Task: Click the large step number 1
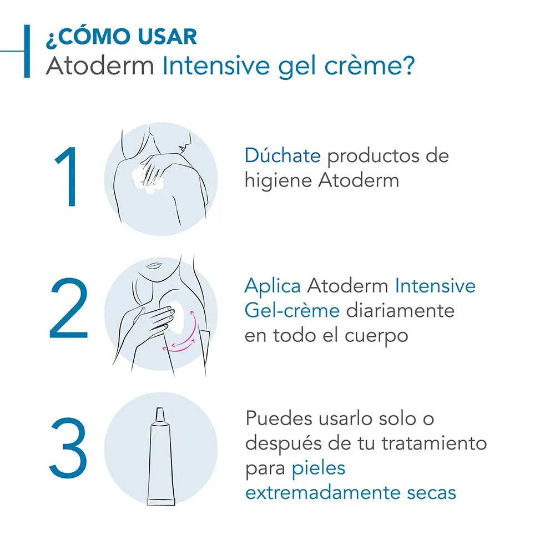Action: (67, 176)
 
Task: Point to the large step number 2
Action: (68, 308)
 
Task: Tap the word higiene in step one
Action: (278, 181)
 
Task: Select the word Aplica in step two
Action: (273, 286)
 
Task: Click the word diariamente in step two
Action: (400, 310)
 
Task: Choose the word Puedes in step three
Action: (279, 418)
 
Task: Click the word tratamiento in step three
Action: (434, 443)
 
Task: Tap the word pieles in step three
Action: (318, 468)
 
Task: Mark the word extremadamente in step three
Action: (323, 492)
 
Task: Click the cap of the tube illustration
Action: (160, 415)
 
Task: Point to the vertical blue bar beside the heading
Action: (27, 51)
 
